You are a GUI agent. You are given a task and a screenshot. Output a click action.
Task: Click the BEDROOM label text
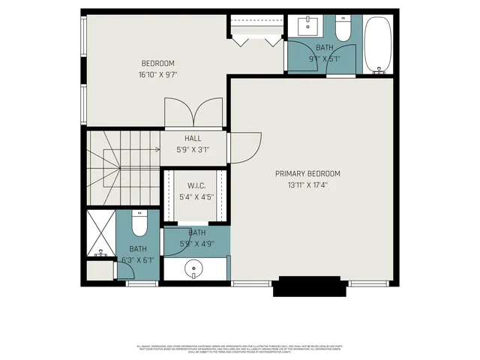tap(157, 63)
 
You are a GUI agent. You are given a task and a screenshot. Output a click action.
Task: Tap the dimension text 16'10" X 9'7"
tap(157, 74)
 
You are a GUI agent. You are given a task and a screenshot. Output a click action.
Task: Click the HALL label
tap(193, 138)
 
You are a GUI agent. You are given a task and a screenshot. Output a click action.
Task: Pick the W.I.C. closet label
tap(196, 185)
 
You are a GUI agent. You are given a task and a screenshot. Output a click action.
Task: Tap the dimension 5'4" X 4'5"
tap(196, 197)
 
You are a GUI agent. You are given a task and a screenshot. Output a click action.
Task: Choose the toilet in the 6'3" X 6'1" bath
tap(139, 224)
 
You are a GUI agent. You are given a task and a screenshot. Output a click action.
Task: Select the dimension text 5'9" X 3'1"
tap(193, 149)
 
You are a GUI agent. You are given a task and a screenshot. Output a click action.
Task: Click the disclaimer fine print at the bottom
tap(240, 349)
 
